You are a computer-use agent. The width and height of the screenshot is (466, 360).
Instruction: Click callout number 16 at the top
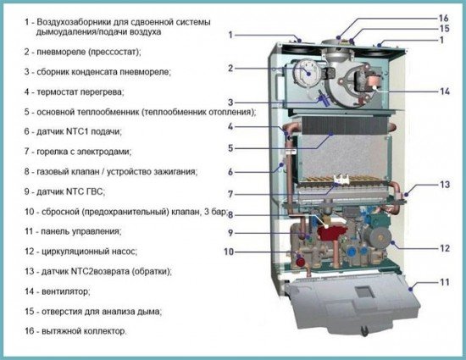pos(443,18)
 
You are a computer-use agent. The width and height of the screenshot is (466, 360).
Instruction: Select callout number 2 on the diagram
pos(230,67)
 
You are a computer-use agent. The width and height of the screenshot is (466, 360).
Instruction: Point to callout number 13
pos(443,183)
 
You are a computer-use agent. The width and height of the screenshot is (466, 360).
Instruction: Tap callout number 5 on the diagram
pos(230,149)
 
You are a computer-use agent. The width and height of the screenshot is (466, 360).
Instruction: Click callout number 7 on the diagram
pos(230,194)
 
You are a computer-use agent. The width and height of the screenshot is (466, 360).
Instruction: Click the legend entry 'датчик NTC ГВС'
pos(69,191)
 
